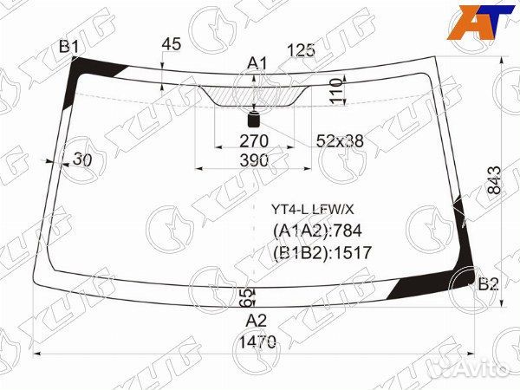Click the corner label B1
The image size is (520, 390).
tap(69, 47)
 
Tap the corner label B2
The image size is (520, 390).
tap(489, 284)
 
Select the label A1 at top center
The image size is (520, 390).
tap(257, 63)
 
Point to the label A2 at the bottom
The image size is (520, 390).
tap(257, 321)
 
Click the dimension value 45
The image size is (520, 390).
tap(172, 44)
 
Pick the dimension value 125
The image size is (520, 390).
tap(301, 50)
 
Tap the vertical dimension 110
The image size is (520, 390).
tap(336, 92)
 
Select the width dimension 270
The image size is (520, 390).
tap(254, 141)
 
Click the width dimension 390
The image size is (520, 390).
tap(254, 160)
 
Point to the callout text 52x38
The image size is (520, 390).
tap(340, 141)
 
